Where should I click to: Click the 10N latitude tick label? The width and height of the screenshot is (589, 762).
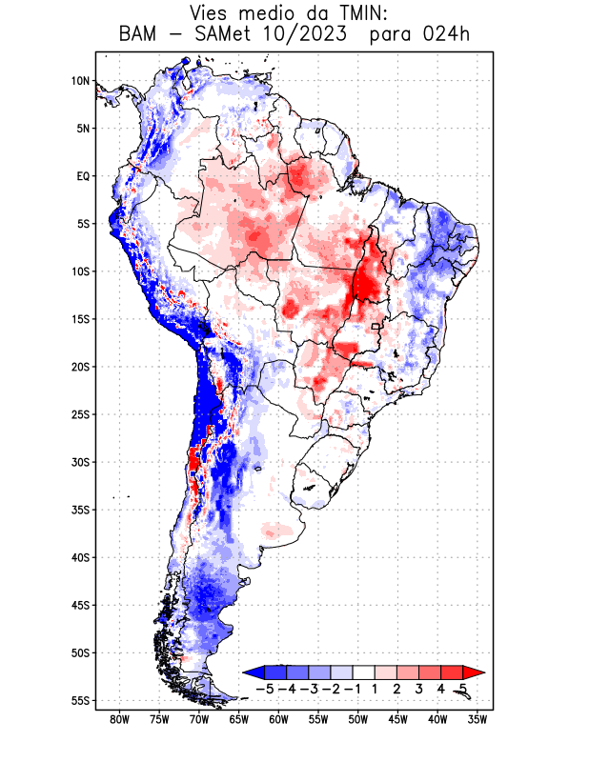pos(80,81)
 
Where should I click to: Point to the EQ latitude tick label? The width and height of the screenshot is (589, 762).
pos(83,176)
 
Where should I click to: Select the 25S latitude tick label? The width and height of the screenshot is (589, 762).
pos(80,414)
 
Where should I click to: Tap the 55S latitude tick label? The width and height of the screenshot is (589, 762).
pos(80,700)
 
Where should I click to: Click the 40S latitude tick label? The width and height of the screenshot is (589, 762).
pos(80,557)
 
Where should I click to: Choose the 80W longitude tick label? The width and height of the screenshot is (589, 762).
pos(120,719)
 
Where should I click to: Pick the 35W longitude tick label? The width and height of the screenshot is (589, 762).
pos(477,719)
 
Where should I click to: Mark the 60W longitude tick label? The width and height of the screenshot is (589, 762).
pos(279,719)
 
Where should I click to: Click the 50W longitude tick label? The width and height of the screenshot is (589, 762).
pos(358,719)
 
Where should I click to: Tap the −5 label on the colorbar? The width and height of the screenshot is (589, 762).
pos(266,688)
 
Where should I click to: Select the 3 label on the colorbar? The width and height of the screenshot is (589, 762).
pos(419,688)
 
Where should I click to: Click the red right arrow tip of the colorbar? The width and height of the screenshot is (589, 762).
pos(468,672)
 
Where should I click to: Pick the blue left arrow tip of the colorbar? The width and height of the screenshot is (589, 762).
pos(250,672)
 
